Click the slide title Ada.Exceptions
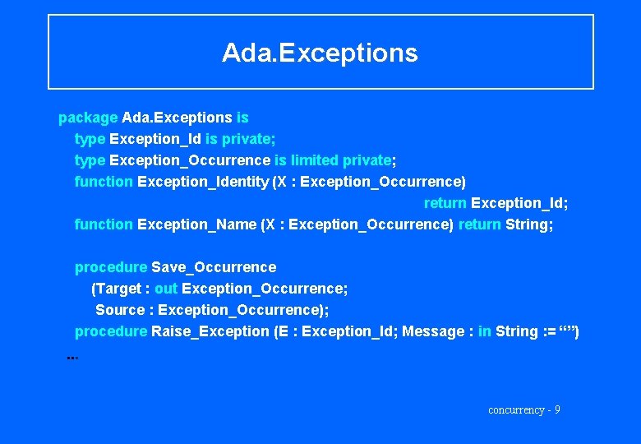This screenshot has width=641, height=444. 320,53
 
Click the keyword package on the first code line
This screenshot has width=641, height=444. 88,118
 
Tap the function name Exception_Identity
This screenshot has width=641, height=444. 202,182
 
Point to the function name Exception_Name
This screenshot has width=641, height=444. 196,224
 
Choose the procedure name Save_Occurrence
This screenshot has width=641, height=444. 214,267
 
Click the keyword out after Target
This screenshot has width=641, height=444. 166,289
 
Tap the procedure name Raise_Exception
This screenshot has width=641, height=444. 210,331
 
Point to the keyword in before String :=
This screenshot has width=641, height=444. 485,331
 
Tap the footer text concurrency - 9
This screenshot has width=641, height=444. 524,409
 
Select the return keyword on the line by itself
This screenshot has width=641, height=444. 445,203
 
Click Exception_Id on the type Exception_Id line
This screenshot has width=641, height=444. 155,139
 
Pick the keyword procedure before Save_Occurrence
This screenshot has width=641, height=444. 111,267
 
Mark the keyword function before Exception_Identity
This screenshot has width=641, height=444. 104,182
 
